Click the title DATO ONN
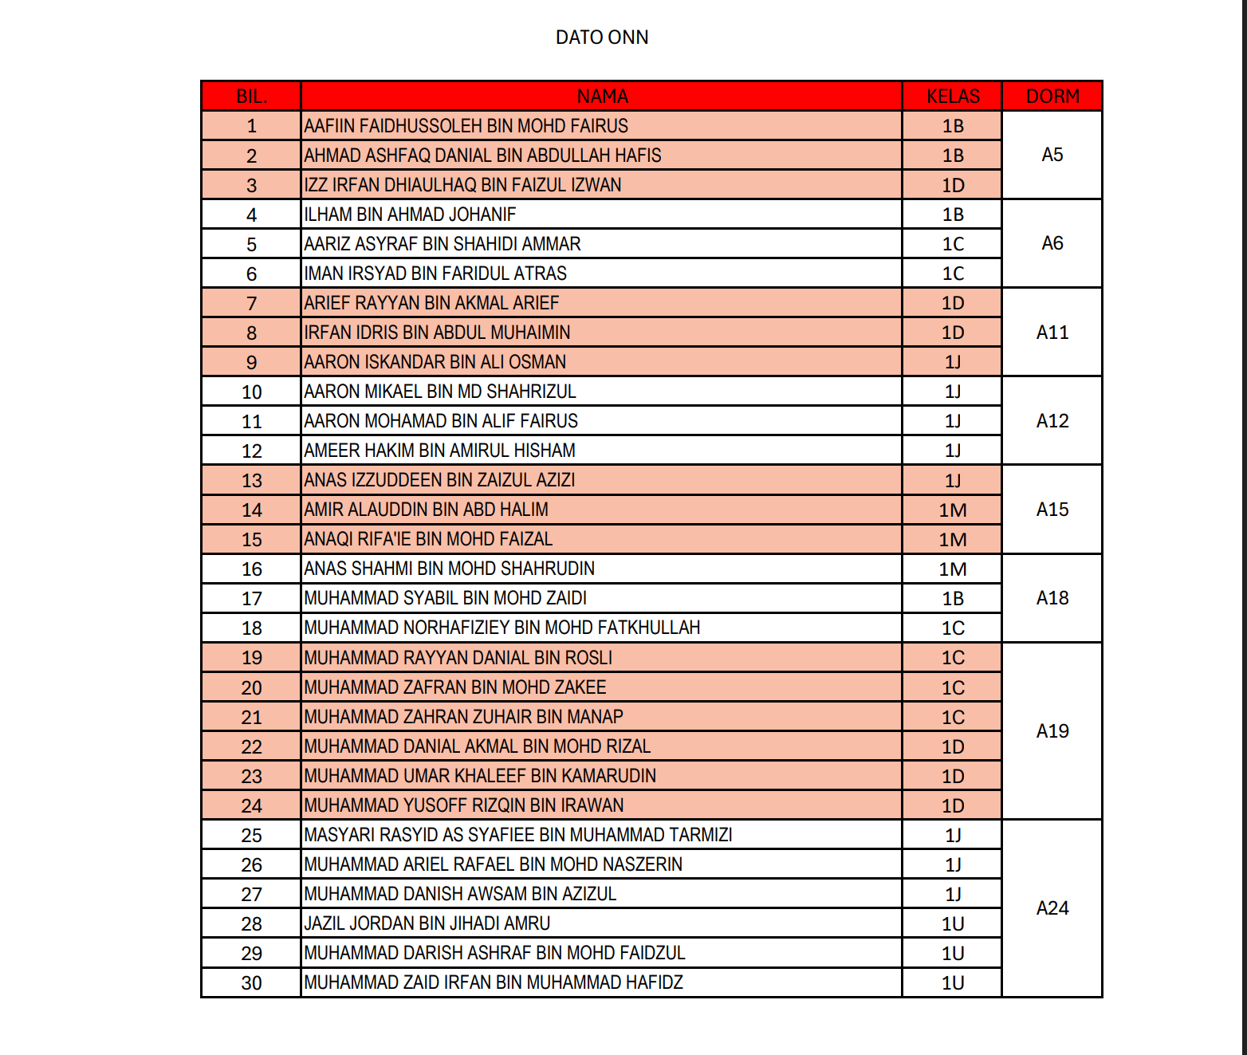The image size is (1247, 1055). pos(602,37)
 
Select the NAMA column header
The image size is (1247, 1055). pos(602,96)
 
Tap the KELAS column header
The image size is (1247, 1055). pos(953,96)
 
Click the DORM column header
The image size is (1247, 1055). pos(1052,96)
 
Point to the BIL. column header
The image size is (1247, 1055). pos(251,96)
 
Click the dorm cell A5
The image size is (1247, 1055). pos(1052,155)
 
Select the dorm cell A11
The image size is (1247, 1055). pos(1052,333)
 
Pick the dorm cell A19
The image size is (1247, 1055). pos(1052,731)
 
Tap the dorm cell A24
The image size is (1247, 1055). pos(1052,908)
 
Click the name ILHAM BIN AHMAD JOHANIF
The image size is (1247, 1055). pos(410,215)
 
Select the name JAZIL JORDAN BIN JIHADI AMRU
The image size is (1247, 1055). pos(427,923)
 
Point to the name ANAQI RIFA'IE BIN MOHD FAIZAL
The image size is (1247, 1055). pos(428,539)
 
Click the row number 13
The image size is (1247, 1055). pos(251,481)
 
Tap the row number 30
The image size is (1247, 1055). pos(251,983)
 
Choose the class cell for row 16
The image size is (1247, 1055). pos(953,569)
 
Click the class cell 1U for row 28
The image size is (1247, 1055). pos(953,924)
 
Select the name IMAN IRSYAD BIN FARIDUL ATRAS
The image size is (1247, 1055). pos(435,274)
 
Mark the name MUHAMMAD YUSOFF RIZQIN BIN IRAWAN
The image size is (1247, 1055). pos(464,805)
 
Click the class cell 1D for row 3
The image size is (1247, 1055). pos(953,186)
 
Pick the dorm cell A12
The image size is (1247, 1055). pos(1052,421)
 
